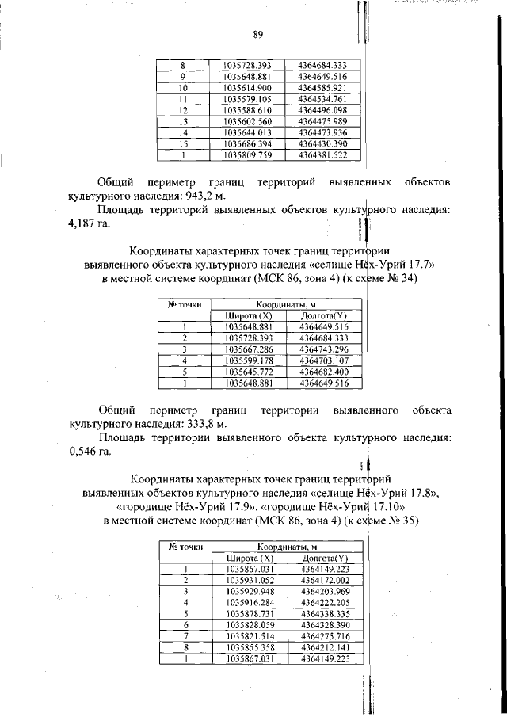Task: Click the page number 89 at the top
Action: pyautogui.click(x=257, y=33)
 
